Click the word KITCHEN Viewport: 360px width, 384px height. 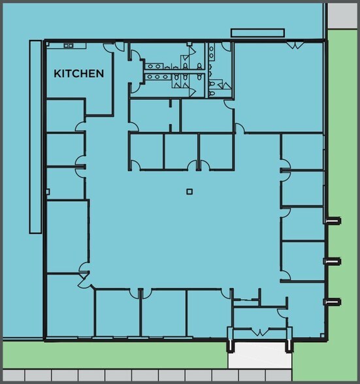tap(78, 73)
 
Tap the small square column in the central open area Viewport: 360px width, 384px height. tap(189, 191)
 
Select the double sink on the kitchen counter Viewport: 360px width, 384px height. tap(69, 45)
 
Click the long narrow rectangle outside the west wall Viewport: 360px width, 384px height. tap(35, 137)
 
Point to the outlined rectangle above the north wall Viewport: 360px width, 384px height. tap(257, 33)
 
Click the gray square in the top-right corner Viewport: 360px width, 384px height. tap(342, 16)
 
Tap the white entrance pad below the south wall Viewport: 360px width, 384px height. tap(260, 355)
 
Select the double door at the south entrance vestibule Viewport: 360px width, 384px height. tap(260, 332)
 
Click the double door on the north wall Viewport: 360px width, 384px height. tap(296, 45)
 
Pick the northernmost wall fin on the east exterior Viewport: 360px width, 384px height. tap(333, 221)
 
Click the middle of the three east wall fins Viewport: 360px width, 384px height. tap(333, 261)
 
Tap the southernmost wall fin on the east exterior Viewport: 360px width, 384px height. tap(333, 302)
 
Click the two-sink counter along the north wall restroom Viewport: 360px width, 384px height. tap(211, 52)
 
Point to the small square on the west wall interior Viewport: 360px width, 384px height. tap(48, 192)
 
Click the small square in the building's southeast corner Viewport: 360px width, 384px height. tap(322, 336)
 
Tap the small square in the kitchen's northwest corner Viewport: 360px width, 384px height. tap(48, 44)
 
